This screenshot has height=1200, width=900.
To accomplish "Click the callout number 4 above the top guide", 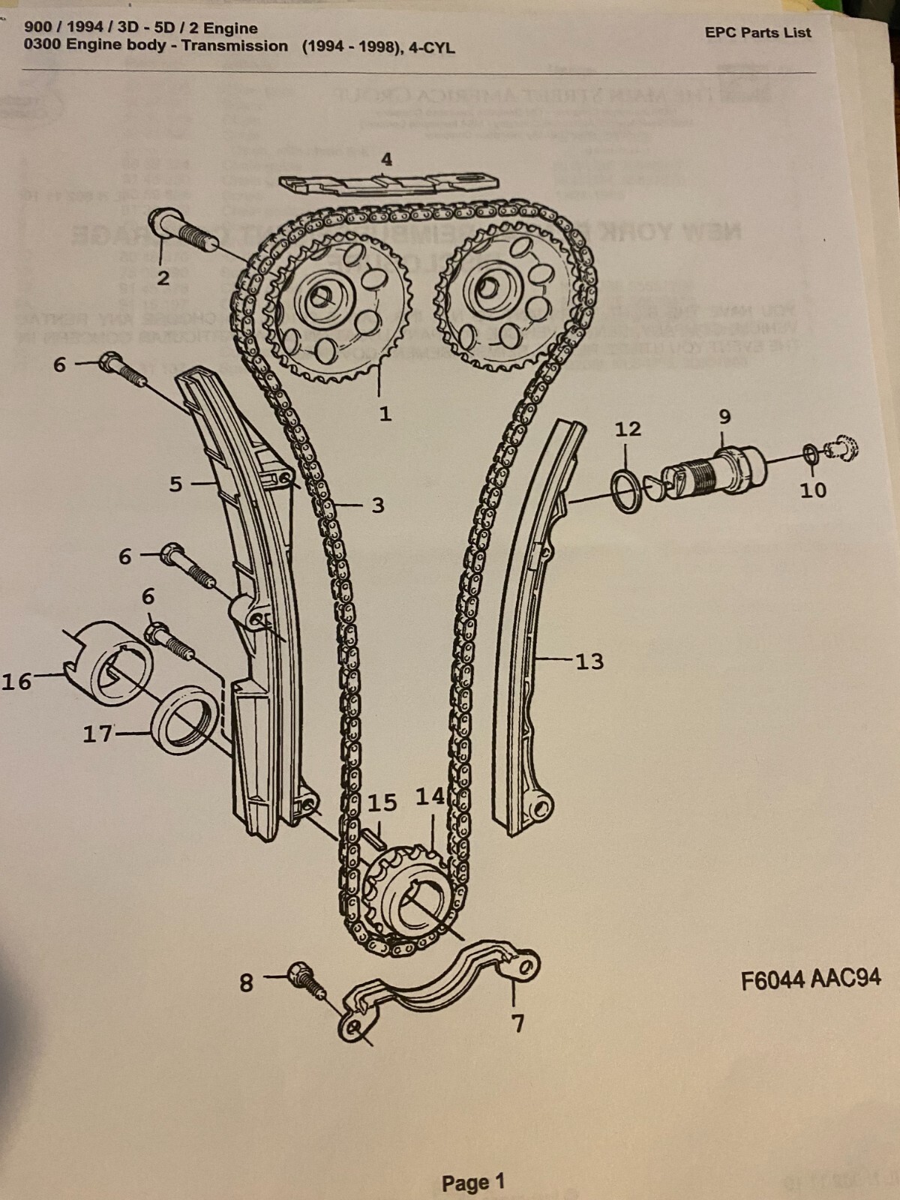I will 386,159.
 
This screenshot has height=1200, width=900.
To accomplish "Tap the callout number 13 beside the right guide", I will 589,661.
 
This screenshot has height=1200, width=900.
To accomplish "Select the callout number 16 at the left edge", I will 16,681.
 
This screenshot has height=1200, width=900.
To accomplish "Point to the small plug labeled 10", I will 841,450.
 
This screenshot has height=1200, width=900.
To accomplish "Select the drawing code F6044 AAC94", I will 810,979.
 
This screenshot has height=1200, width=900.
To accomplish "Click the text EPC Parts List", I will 757,32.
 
